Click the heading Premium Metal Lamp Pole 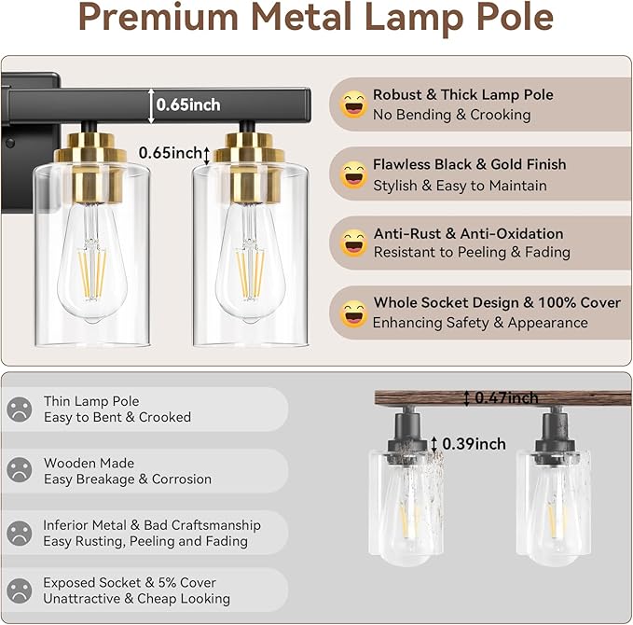tap(316, 20)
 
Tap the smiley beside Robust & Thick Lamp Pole tap(353, 104)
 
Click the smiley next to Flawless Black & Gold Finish tap(353, 174)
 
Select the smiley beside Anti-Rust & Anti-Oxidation tap(353, 243)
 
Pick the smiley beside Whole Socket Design tap(353, 313)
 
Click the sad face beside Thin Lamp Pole tap(20, 410)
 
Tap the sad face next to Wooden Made tap(20, 471)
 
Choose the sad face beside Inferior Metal tap(20, 533)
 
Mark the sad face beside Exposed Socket tap(20, 590)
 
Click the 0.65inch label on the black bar tap(188, 105)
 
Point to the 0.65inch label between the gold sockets tap(170, 152)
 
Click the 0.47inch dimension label tap(506, 398)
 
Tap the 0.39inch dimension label tap(474, 444)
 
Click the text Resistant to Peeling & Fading tap(472, 252)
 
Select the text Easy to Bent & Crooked tap(117, 417)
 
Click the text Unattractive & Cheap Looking tap(136, 598)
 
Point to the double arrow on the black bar tap(150, 105)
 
